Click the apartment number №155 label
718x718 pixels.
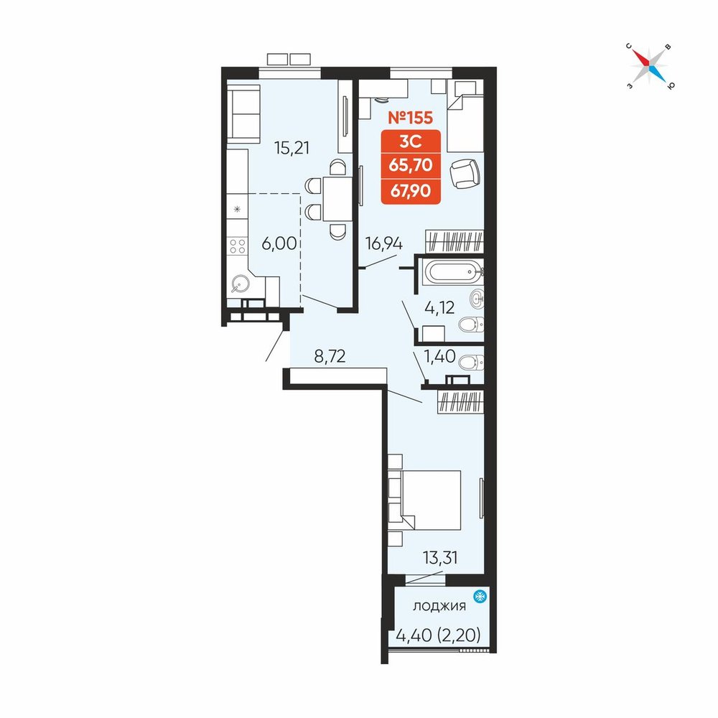click(x=410, y=118)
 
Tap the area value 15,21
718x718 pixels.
click(x=292, y=148)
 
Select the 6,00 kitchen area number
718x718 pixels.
click(x=279, y=243)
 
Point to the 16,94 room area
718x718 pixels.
click(x=383, y=244)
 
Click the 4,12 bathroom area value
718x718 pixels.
click(x=439, y=308)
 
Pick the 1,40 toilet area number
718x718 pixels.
click(x=440, y=356)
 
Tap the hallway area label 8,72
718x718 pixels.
click(x=330, y=356)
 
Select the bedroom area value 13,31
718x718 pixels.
click(x=440, y=558)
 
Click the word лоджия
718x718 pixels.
click(x=439, y=606)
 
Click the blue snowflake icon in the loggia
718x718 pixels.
click(x=480, y=597)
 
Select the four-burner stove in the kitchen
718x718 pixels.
click(x=237, y=246)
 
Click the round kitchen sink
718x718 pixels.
click(x=240, y=284)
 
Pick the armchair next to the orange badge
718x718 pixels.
click(x=465, y=174)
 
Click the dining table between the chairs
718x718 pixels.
click(x=337, y=199)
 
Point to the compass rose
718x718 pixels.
click(x=649, y=66)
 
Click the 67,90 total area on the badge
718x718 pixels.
click(x=411, y=190)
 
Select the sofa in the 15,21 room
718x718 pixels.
click(x=243, y=114)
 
